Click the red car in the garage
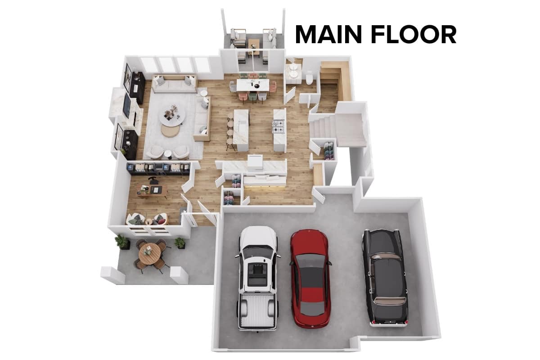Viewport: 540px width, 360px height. coord(310,279)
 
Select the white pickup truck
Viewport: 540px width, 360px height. coord(258,279)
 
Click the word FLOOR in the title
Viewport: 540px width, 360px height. coord(414,35)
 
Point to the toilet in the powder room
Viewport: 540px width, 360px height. coord(309,78)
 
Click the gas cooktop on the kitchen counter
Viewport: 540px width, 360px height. coord(279,127)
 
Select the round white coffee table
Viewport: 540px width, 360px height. coord(172,117)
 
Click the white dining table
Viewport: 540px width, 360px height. coord(252,85)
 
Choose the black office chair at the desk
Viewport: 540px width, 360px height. coord(153,180)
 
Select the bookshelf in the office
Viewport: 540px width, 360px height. coord(158,168)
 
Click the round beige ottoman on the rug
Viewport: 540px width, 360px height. coord(171,131)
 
